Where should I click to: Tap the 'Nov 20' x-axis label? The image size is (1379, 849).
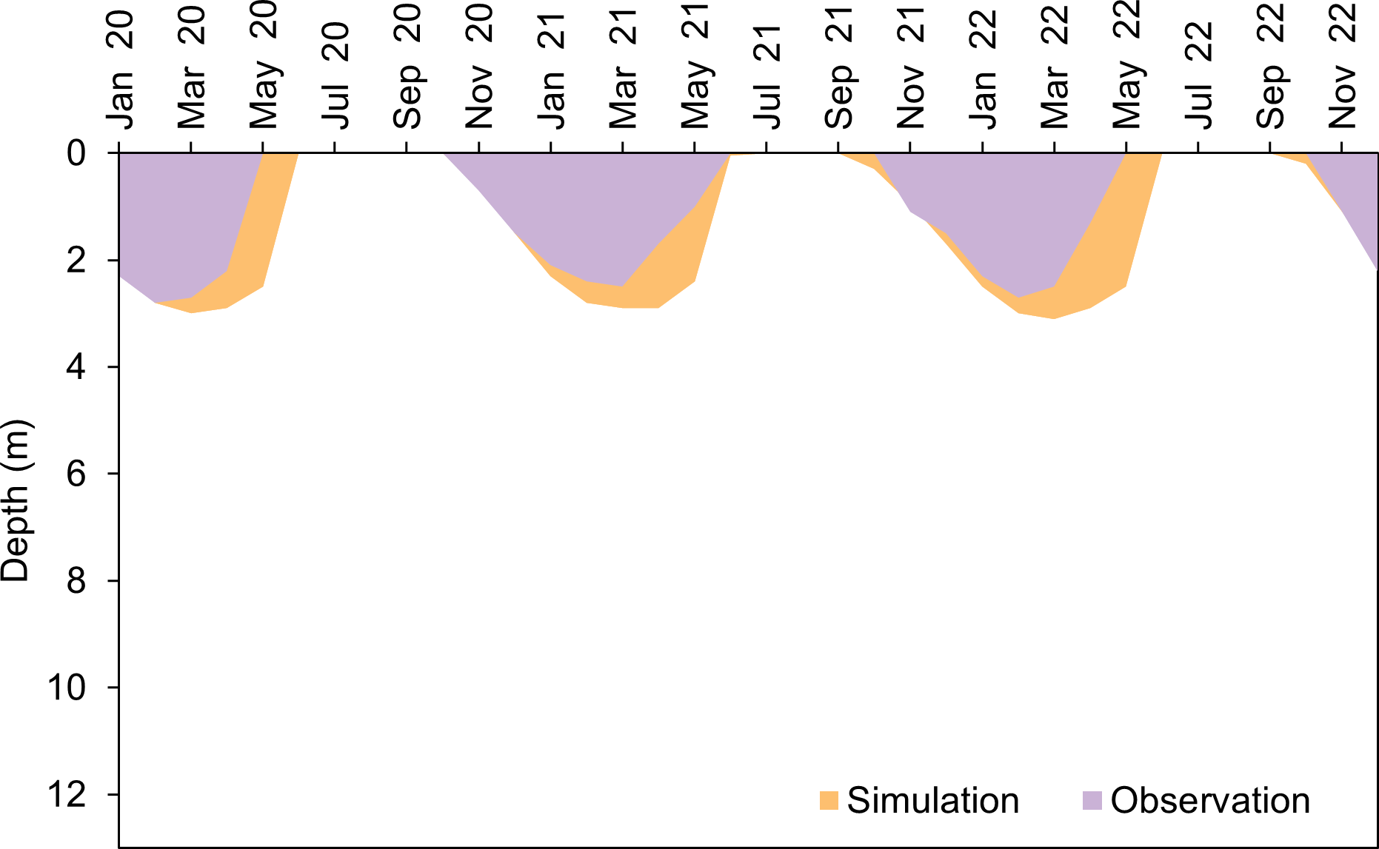(x=478, y=67)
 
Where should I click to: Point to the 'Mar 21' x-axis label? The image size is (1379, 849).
(x=622, y=67)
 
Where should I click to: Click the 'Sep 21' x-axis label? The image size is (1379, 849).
(x=838, y=67)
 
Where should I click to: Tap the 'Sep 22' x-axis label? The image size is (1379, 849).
(x=1270, y=67)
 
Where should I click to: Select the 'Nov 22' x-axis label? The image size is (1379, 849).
(x=1342, y=67)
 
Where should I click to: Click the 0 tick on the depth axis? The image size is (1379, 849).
(x=76, y=153)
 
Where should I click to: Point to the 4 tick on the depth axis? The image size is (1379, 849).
(x=76, y=367)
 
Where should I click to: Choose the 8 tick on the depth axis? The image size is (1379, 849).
(x=76, y=581)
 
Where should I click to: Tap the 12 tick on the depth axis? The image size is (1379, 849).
(x=67, y=795)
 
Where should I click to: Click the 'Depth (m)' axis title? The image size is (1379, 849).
(x=16, y=501)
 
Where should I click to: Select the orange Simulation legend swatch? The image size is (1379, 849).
(x=829, y=800)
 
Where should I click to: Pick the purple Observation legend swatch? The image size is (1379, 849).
(x=1092, y=800)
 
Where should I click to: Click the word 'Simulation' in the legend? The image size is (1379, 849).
(x=932, y=800)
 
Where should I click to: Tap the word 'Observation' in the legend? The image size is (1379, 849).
(x=1210, y=800)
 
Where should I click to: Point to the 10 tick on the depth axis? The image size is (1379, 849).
(x=67, y=688)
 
